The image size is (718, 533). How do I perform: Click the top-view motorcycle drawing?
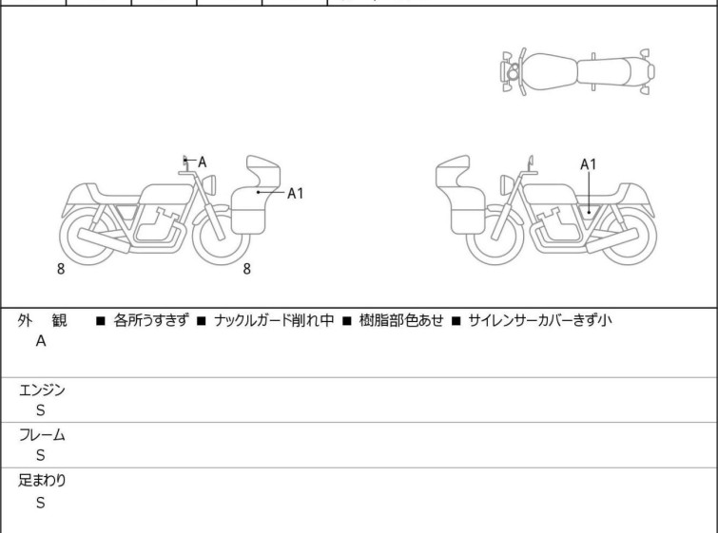pos(577,72)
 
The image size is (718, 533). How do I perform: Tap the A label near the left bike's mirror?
pos(202,162)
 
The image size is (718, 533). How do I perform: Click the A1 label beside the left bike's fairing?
pos(296,194)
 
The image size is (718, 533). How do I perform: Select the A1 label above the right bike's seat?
pos(589,164)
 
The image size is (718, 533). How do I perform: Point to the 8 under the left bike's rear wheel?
pos(61,269)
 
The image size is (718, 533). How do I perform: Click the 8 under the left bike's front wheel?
pos(247,269)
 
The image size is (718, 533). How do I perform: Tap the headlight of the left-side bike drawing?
pos(209,184)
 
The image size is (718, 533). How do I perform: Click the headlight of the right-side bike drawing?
pos(507,184)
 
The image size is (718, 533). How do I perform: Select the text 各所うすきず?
pos(150,320)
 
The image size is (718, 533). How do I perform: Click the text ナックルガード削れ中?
pos(274,320)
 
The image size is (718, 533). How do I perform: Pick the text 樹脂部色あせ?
pos(401,320)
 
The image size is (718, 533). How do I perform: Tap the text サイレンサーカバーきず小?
pos(540,320)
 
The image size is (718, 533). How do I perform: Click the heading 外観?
pos(42,320)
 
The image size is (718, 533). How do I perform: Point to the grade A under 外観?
pos(41,341)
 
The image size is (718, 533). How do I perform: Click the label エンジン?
pos(42,390)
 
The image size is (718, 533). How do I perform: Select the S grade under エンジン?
pos(41,410)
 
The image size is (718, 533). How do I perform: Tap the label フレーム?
pos(42,435)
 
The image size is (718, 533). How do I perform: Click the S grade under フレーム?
pos(41,455)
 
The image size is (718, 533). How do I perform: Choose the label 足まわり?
pos(42,481)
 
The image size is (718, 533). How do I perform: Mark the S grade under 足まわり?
pos(41,503)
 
